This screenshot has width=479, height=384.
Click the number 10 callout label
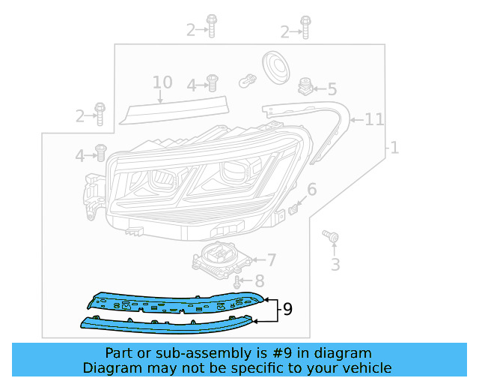[x=162, y=82]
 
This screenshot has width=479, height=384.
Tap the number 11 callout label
[x=374, y=119]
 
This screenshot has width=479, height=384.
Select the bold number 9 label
[x=287, y=309]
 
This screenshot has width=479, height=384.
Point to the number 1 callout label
[x=394, y=148]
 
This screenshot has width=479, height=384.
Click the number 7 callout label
[x=270, y=260]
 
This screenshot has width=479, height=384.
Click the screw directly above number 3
[x=330, y=237]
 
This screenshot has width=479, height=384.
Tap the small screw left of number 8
[x=237, y=282]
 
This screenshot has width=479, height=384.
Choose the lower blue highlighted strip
[x=172, y=324]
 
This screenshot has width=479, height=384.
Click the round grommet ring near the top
[x=276, y=65]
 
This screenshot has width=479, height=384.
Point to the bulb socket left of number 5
[x=305, y=86]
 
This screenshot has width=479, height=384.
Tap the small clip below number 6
[x=295, y=206]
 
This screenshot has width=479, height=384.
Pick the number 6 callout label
[x=311, y=189]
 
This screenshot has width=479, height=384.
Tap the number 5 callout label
[x=331, y=89]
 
